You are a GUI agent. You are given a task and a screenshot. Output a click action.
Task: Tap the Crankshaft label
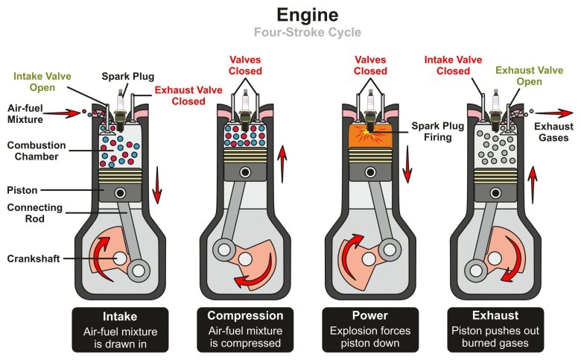coord(34,259)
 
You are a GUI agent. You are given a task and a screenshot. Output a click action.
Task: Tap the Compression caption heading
coord(245,315)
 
